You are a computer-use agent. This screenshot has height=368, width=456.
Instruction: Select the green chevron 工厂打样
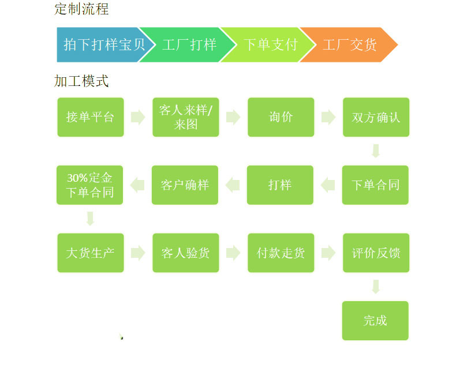click(x=188, y=44)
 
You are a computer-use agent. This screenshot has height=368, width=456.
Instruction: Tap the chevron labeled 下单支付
click(x=269, y=44)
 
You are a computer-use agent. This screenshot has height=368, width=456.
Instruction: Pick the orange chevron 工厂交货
click(x=349, y=44)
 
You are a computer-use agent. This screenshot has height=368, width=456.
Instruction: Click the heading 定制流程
click(x=81, y=9)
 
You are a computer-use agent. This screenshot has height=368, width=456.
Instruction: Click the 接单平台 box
click(x=91, y=117)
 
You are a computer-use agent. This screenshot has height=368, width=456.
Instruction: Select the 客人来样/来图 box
click(x=186, y=117)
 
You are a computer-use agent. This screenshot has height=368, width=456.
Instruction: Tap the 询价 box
click(x=281, y=117)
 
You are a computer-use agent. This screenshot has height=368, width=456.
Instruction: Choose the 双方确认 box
click(x=376, y=117)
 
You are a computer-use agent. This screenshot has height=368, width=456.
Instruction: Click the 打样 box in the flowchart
click(x=280, y=185)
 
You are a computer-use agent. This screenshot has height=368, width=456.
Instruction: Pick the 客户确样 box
click(x=185, y=185)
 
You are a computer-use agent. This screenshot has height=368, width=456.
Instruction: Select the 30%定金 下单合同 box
click(x=90, y=185)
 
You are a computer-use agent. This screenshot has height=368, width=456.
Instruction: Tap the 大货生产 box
click(x=91, y=253)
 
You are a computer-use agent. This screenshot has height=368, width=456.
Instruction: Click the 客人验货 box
click(x=186, y=253)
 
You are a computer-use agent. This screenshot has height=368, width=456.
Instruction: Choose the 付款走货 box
click(x=281, y=253)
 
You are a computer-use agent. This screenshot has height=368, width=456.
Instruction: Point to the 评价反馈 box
click(x=376, y=253)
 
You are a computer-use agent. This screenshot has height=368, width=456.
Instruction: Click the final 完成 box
click(x=375, y=321)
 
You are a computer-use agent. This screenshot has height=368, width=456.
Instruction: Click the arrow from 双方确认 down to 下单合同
click(x=376, y=151)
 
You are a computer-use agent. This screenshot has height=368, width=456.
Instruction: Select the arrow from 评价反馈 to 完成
click(x=376, y=287)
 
